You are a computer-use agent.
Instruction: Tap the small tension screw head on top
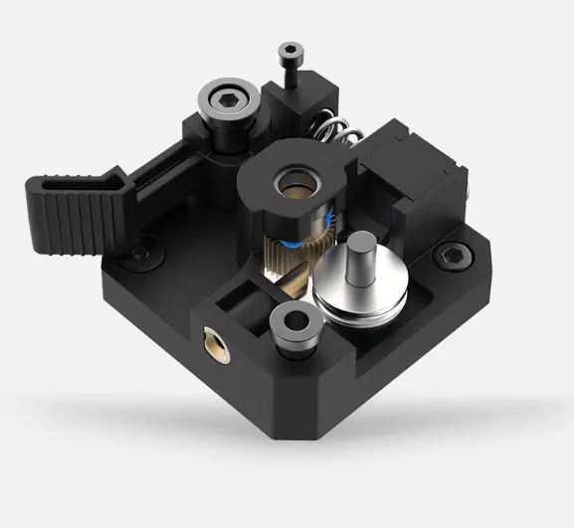pos(289,49)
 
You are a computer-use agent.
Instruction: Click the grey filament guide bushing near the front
pos(293,325)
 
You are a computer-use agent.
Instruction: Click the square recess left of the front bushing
pos(243,304)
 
